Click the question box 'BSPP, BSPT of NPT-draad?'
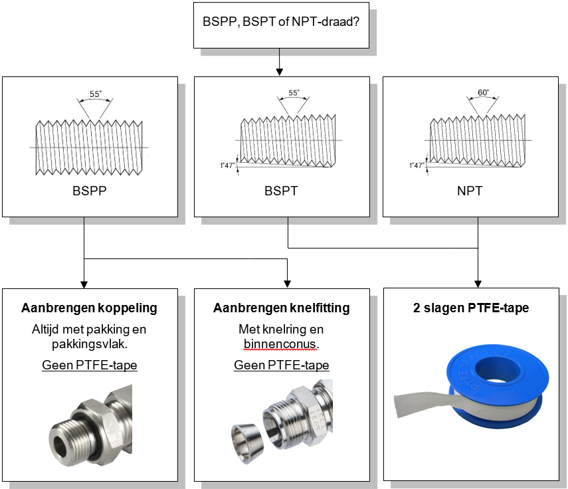pyautogui.click(x=281, y=21)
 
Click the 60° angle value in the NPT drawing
pyautogui.click(x=483, y=92)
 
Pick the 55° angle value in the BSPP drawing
pyautogui.click(x=95, y=94)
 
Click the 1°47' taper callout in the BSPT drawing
pyautogui.click(x=229, y=166)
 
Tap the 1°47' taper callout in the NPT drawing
pyautogui.click(x=419, y=166)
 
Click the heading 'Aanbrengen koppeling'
pyautogui.click(x=90, y=308)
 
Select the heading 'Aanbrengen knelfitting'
pyautogui.click(x=281, y=308)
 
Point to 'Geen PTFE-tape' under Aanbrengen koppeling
pyautogui.click(x=90, y=365)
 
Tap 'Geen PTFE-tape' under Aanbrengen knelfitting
pyautogui.click(x=281, y=365)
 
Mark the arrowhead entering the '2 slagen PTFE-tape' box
pyautogui.click(x=478, y=284)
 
